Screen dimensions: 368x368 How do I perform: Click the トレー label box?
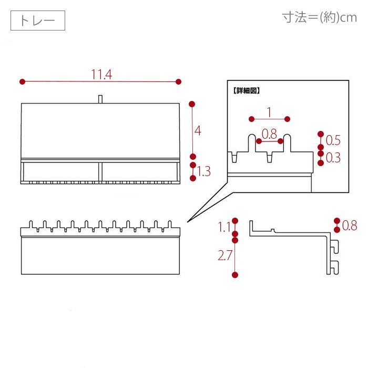click(x=37, y=21)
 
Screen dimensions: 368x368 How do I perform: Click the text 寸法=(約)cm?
click(x=320, y=17)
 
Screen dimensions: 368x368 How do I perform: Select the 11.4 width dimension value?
click(x=101, y=75)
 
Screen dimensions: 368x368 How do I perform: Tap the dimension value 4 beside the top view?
click(x=198, y=130)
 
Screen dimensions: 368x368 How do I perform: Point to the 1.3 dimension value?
click(x=204, y=171)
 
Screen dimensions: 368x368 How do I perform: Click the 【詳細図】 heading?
click(x=247, y=90)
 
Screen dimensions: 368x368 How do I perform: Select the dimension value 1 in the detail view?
click(x=269, y=111)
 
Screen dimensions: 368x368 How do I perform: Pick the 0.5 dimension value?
click(x=333, y=140)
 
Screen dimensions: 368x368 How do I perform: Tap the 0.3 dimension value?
click(x=333, y=157)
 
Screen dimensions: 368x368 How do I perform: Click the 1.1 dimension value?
click(x=224, y=227)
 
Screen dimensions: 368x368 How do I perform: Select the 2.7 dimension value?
click(x=224, y=256)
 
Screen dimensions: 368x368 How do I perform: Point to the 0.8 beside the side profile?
click(x=350, y=226)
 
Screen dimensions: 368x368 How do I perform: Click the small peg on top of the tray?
click(x=100, y=99)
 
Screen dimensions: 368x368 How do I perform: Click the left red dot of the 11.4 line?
click(x=22, y=81)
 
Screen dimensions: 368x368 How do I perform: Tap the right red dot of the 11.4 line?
click(x=179, y=81)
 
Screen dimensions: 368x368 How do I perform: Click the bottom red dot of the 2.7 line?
click(x=235, y=274)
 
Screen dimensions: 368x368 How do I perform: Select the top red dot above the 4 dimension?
click(x=192, y=104)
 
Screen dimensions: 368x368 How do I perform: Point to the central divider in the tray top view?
click(x=99, y=172)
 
